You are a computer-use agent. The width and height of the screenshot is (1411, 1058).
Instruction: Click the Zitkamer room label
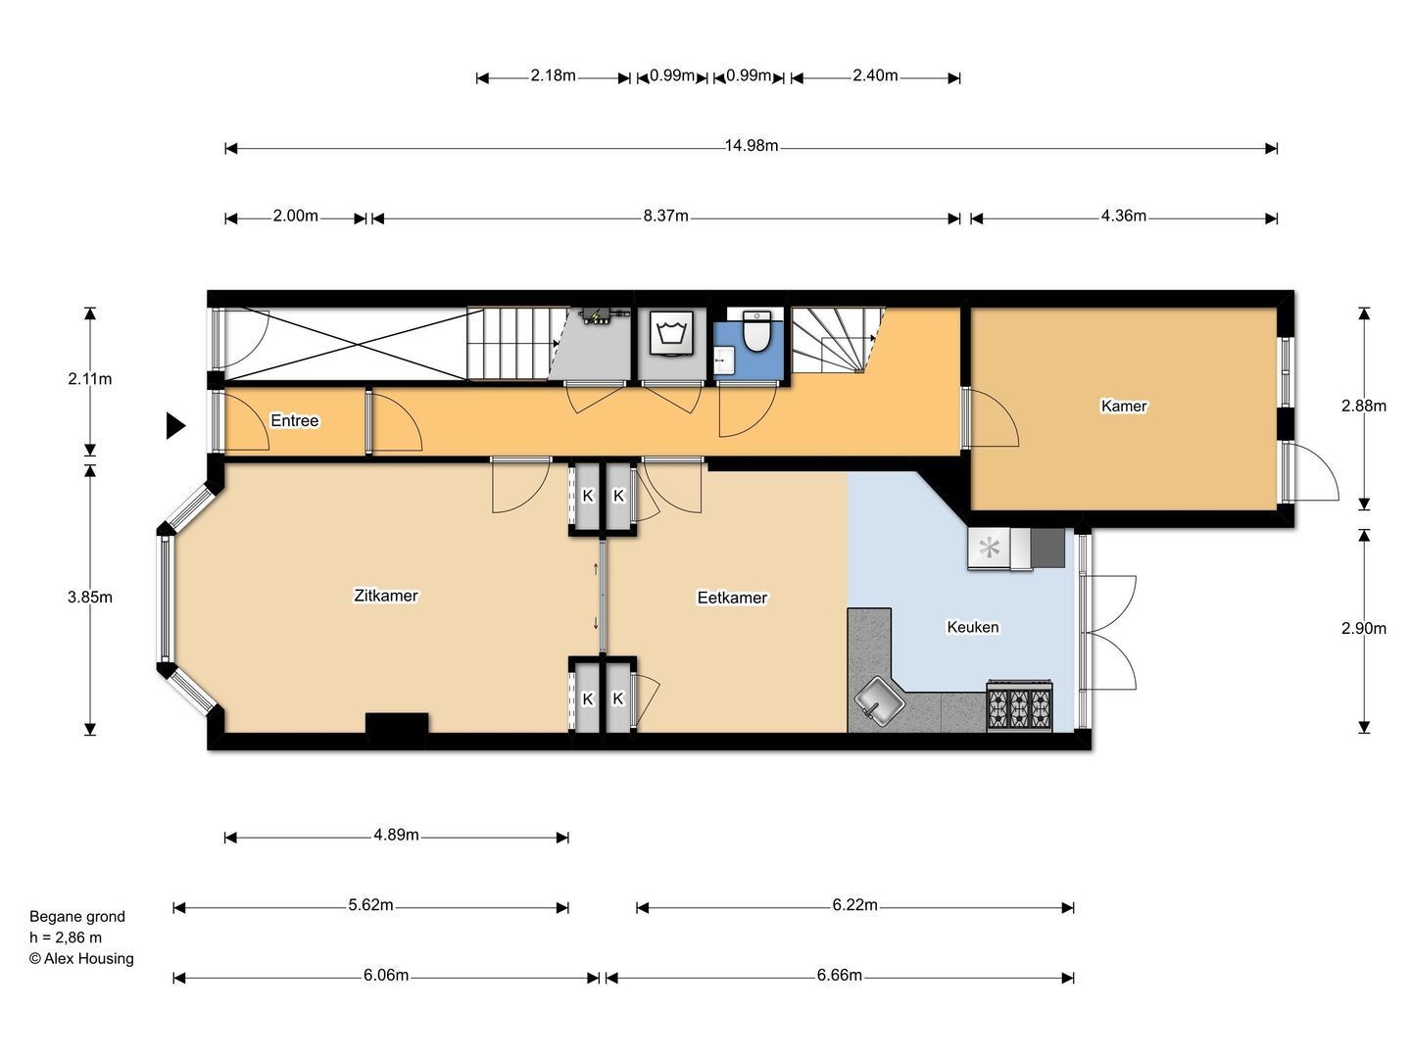pos(386,596)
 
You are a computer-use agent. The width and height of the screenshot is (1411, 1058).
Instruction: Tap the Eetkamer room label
pos(732,598)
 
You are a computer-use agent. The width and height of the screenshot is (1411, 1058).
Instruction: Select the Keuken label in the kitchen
pos(973,626)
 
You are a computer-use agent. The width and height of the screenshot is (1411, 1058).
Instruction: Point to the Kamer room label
pos(1124,406)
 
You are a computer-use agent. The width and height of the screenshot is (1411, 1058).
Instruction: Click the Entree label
pos(294,420)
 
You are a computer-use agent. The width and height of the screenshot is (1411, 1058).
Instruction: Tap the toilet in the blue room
pos(756,331)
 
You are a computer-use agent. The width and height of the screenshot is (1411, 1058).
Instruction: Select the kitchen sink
pos(879,702)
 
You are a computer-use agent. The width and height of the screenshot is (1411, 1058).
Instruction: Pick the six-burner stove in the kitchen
pos(1019,704)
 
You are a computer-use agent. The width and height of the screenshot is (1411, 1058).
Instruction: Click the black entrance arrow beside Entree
pos(174,425)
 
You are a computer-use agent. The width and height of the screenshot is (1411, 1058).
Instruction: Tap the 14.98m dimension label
pos(752,146)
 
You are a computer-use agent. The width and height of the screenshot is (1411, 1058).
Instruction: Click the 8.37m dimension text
pos(666,216)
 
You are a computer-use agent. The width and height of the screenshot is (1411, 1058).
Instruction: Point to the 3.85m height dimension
pos(90,597)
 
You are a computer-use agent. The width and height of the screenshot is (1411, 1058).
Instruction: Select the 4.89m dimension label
pos(396,835)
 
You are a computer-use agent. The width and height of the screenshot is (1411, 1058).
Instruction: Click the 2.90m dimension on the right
pos(1363,628)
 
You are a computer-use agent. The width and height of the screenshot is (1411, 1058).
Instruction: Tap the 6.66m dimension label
pos(840,975)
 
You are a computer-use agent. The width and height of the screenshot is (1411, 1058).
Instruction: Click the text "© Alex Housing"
pos(81,958)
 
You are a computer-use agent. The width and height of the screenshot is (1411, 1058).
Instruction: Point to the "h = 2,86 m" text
pos(66,938)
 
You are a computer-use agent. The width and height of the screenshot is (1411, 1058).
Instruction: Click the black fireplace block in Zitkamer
pos(397,723)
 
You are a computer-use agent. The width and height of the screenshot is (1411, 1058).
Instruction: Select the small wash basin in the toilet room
pos(724,361)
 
